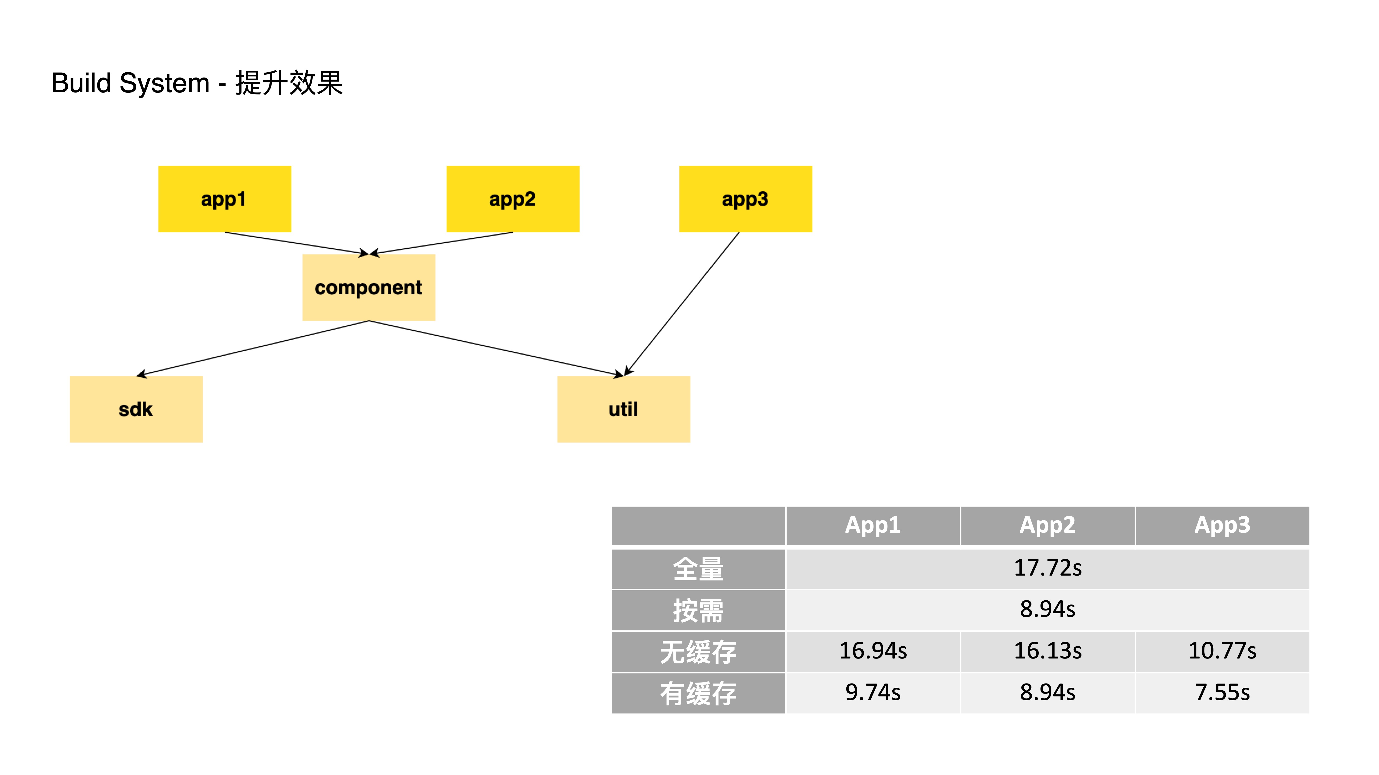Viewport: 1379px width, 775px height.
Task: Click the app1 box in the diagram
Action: point(225,199)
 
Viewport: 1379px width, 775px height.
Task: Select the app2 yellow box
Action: point(513,199)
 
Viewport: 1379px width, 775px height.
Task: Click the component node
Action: point(369,288)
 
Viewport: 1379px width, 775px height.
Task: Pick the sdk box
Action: point(136,409)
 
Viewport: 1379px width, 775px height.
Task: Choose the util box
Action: point(624,409)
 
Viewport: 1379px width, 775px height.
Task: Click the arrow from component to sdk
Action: point(253,349)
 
